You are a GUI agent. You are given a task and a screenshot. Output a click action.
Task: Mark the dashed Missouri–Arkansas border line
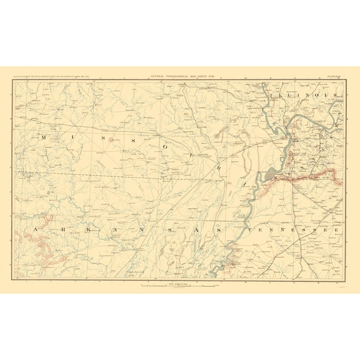coord(125,172)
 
